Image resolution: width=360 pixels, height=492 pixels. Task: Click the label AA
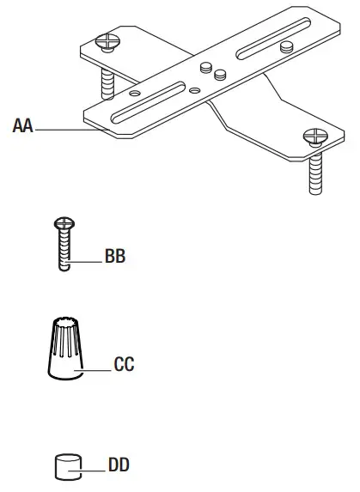click(22, 127)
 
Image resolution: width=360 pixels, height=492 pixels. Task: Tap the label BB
click(115, 257)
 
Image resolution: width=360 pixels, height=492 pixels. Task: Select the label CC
click(125, 364)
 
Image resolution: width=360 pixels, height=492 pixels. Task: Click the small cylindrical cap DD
click(67, 468)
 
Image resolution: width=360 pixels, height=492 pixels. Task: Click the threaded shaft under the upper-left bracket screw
click(107, 82)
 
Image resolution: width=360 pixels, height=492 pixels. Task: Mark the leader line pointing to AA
click(60, 129)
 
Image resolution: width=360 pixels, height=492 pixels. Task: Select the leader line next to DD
click(91, 469)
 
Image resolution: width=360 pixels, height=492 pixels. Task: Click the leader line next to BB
click(87, 258)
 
